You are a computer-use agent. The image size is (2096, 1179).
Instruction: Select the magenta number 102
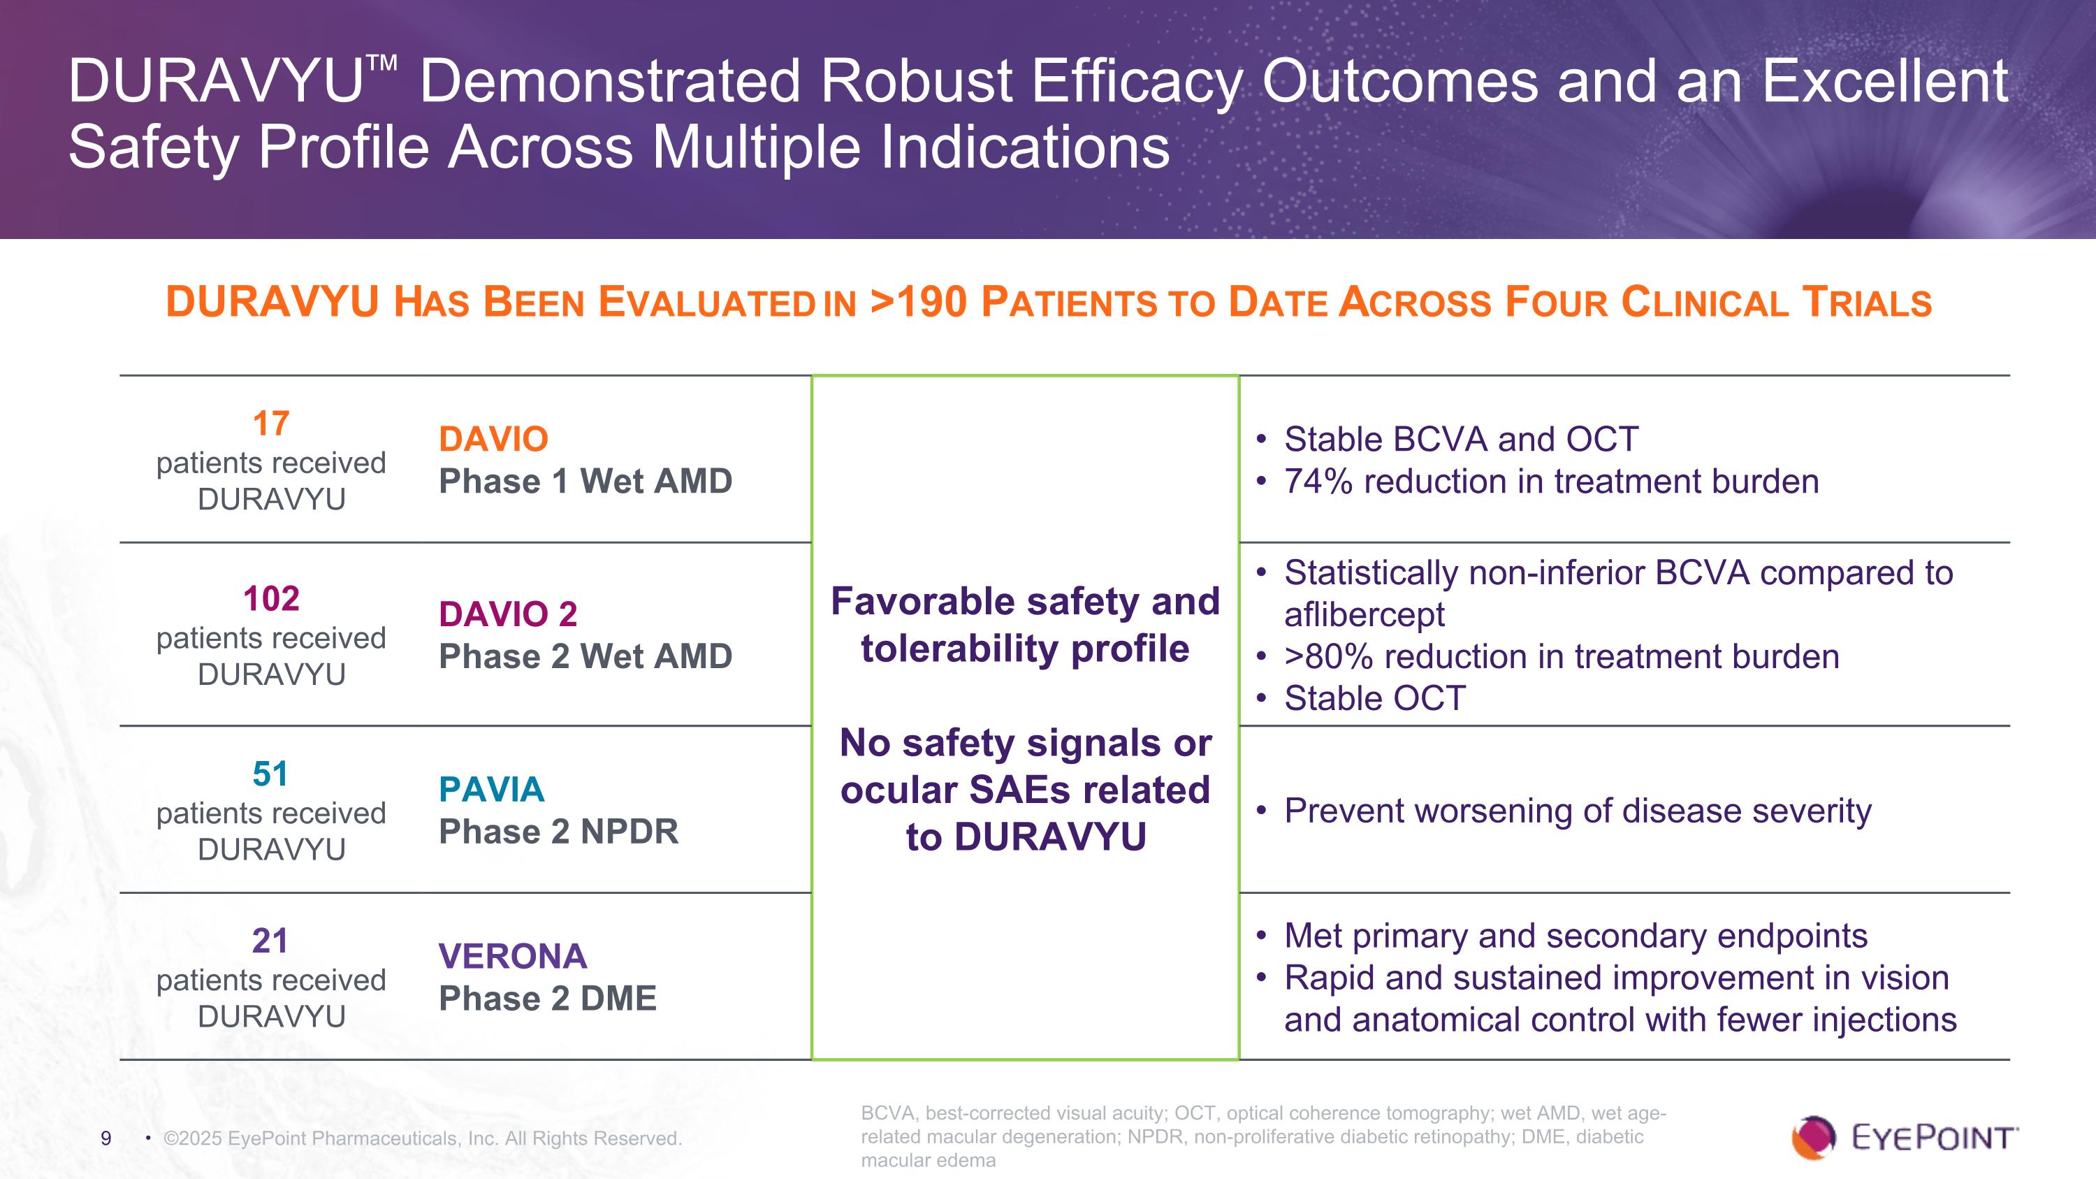(271, 599)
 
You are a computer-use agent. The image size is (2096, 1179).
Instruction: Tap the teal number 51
(271, 774)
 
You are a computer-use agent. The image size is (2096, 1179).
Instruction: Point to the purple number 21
(270, 941)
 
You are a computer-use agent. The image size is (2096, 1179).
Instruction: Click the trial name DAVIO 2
(508, 614)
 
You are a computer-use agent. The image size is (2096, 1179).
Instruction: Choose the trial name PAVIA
(491, 789)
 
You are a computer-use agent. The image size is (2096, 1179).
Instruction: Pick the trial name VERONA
(513, 956)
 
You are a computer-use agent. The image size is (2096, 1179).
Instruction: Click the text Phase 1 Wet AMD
(585, 481)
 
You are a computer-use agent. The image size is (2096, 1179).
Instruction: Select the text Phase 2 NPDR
(558, 832)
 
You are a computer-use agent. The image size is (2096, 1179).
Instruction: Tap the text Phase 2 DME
(548, 999)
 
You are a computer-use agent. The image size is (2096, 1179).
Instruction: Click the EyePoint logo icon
(1813, 1136)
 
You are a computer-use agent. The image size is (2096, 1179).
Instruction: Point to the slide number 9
(105, 1138)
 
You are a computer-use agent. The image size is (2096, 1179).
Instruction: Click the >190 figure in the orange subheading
(919, 302)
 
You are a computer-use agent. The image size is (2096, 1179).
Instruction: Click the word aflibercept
(1364, 614)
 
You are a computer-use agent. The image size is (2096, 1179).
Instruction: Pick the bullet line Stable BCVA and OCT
(1460, 440)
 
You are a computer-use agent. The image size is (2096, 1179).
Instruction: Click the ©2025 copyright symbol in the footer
(172, 1138)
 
